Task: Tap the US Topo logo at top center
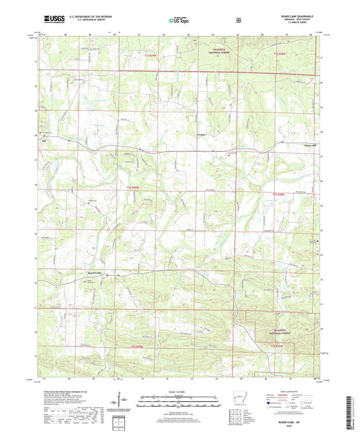[x=178, y=21]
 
